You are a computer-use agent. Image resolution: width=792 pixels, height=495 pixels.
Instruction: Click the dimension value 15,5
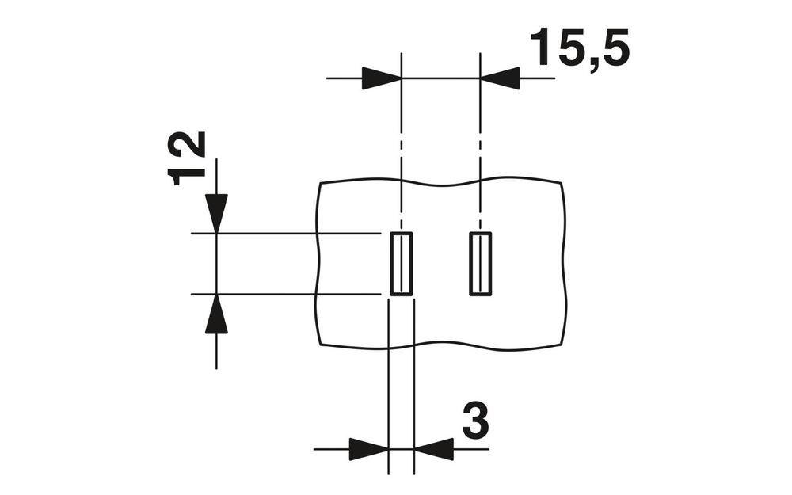pos(580,49)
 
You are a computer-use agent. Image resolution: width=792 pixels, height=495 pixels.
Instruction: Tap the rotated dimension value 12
pos(189,158)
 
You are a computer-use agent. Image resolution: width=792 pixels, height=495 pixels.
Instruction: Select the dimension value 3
pos(474,422)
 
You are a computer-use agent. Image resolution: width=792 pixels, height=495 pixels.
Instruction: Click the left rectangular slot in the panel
pos(402,264)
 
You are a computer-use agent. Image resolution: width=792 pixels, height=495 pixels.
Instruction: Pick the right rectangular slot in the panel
pos(480,264)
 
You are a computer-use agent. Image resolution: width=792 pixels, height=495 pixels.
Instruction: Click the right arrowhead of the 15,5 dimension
pos(500,78)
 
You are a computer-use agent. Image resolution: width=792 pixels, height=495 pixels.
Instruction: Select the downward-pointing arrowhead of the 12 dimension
pos(216,213)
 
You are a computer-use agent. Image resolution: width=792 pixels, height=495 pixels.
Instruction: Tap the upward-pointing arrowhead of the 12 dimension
pos(216,314)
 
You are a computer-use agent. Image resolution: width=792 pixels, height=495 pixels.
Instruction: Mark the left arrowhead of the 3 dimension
pos(368,449)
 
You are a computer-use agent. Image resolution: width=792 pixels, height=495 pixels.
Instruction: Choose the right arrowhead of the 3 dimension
pos(433,449)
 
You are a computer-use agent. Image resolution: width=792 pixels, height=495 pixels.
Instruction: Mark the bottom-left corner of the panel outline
pos(320,346)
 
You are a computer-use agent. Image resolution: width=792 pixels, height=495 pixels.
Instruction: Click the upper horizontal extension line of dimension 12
pos(285,233)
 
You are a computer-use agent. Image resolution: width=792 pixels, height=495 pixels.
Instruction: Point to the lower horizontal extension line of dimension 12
pos(285,295)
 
